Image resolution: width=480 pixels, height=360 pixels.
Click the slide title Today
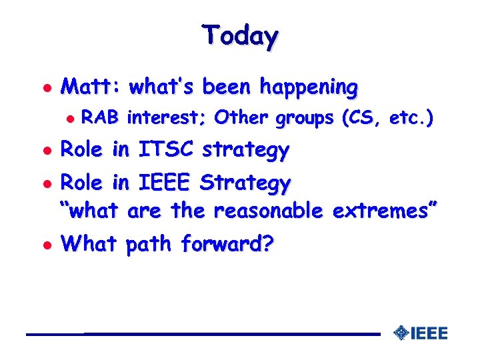pyautogui.click(x=240, y=35)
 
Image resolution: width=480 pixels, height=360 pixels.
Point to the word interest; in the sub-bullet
pyautogui.click(x=167, y=119)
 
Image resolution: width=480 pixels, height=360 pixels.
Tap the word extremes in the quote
pyautogui.click(x=381, y=211)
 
